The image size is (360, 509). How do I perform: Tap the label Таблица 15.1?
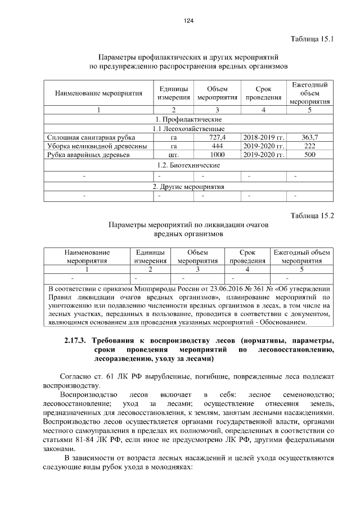click(312, 39)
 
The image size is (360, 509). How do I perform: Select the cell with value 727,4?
click(217, 137)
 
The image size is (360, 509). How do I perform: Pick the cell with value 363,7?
click(309, 137)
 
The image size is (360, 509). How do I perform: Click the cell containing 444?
click(217, 146)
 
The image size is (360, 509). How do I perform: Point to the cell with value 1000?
click(217, 155)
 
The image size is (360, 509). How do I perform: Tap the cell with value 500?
click(309, 155)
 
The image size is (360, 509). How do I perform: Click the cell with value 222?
click(309, 146)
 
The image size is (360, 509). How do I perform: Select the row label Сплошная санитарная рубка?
click(82, 137)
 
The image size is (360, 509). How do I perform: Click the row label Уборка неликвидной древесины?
click(89, 146)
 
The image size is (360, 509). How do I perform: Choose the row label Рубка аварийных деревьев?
click(80, 155)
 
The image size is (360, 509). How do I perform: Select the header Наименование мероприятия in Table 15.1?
click(98, 93)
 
